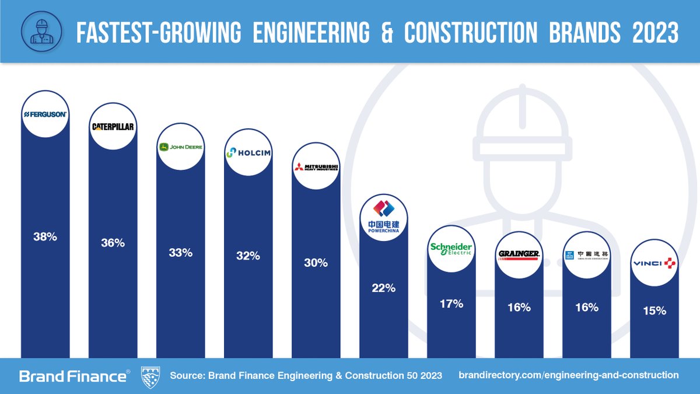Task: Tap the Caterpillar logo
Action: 113,127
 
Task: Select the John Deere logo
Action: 181,147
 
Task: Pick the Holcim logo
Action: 249,153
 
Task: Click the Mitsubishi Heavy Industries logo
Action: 316,167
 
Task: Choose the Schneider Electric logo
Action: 451,250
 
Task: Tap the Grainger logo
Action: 519,254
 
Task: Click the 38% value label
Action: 45,238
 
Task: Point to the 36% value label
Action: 113,243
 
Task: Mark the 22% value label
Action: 383,288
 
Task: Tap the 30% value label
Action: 316,263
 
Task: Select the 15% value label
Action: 654,311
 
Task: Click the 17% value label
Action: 451,304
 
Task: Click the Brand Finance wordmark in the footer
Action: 72,376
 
